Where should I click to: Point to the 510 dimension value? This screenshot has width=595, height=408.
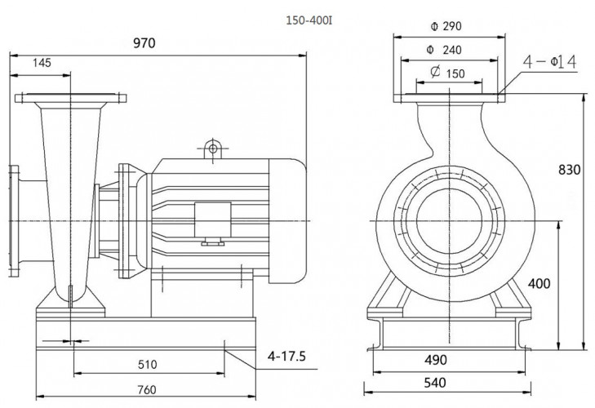(147, 364)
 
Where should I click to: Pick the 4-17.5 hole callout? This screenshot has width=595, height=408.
(286, 356)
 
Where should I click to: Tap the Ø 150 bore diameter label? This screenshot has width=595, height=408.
(446, 73)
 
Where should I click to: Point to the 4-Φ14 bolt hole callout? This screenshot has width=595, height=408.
(552, 61)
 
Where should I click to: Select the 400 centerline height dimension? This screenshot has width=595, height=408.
(539, 283)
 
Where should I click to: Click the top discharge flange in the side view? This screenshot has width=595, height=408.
(71, 100)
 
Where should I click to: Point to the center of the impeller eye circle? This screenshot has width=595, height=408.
(447, 221)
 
